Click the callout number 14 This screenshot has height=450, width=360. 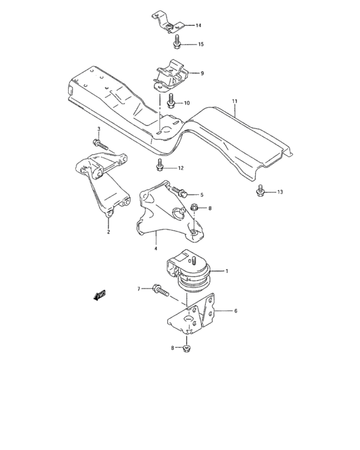199,26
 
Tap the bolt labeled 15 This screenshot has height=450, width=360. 177,43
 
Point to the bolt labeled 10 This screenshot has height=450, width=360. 172,102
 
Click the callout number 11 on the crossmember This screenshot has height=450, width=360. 235,102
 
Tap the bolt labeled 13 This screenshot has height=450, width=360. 260,191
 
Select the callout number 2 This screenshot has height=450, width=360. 108,232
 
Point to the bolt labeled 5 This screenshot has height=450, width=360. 181,192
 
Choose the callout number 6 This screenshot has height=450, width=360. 235,311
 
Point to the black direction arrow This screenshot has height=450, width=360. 100,295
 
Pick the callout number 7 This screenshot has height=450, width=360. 138,290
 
